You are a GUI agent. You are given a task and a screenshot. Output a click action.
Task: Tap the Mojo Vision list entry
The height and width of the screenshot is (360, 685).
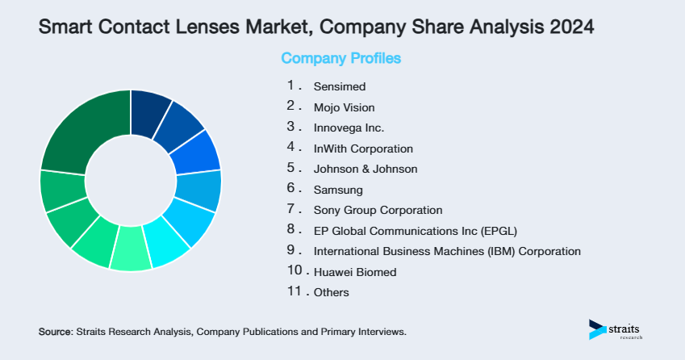tap(344, 107)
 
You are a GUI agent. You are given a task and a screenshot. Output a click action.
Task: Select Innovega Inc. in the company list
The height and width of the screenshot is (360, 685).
tap(349, 128)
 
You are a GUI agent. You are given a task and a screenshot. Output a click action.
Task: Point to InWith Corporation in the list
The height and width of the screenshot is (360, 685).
tap(363, 149)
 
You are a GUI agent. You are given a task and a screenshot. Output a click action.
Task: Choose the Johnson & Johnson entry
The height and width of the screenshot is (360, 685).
tap(365, 169)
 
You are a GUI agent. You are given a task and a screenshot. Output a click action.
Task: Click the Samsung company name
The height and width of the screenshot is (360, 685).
tap(338, 190)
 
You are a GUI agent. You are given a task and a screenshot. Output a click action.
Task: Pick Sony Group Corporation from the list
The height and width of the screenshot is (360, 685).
tap(378, 211)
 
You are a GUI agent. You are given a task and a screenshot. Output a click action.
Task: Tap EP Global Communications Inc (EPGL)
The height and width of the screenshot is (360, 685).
tap(415, 231)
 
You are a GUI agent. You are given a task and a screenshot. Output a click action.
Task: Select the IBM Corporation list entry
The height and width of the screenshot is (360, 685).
tap(446, 251)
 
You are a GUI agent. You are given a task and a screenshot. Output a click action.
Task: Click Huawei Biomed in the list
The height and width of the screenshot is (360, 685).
tap(354, 272)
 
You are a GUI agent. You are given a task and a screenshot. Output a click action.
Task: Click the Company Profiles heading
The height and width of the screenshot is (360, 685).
tap(340, 58)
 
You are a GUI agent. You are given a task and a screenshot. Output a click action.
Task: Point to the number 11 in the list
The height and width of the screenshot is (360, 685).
tap(293, 291)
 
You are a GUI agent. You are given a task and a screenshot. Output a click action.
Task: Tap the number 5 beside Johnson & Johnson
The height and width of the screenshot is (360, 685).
tap(291, 168)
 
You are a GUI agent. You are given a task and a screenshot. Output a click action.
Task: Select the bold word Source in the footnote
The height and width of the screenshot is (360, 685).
tap(55, 332)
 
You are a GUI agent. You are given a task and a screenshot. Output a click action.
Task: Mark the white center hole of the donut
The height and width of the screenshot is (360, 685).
tap(130, 180)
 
